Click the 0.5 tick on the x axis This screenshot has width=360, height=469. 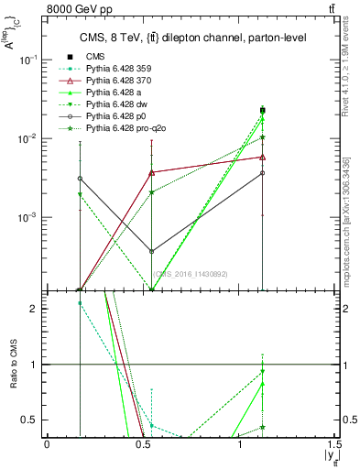pyautogui.click(x=143, y=445)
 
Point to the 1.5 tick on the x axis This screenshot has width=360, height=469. pyautogui.click(x=335, y=445)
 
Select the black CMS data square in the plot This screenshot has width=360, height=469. pyautogui.click(x=263, y=110)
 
